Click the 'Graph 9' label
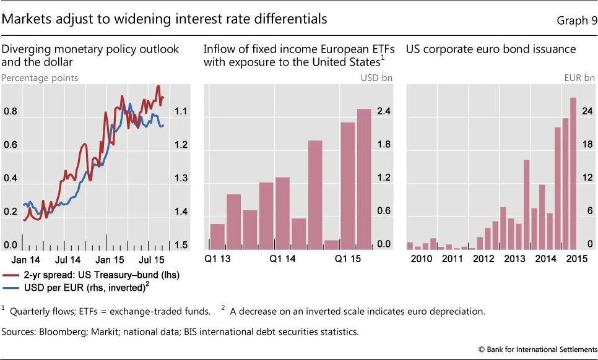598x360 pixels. click(x=577, y=20)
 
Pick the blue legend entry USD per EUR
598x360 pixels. click(x=87, y=286)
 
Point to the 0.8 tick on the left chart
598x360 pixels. click(x=11, y=112)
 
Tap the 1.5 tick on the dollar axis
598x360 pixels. click(x=181, y=246)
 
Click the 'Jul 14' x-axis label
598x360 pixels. click(x=67, y=259)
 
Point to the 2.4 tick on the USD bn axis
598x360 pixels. click(x=384, y=111)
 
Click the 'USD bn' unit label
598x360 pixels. click(x=376, y=78)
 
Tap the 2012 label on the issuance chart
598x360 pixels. click(x=483, y=259)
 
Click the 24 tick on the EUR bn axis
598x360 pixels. click(x=587, y=111)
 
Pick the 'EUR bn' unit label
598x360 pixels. click(x=580, y=78)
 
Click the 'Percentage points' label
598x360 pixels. click(x=40, y=78)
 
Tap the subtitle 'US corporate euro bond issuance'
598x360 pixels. click(x=491, y=49)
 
